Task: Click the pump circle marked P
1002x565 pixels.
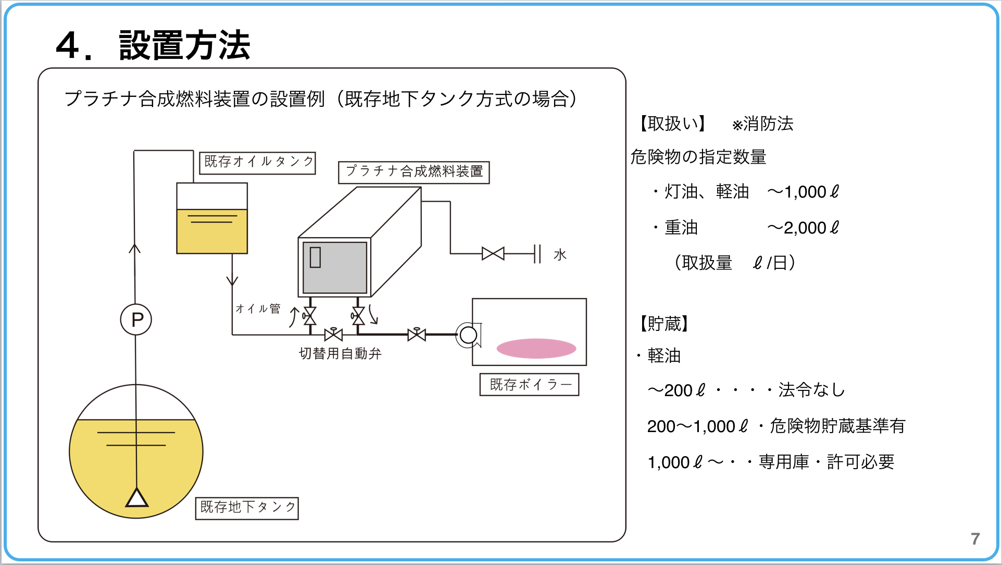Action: [136, 319]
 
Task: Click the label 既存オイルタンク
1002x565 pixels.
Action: [258, 162]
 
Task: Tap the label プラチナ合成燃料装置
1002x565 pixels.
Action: [414, 171]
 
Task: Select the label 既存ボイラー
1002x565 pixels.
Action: [529, 385]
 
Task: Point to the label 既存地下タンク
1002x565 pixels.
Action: [247, 508]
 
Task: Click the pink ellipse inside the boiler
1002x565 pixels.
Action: [536, 348]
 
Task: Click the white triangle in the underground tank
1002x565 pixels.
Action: [137, 499]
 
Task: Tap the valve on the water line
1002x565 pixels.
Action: [493, 254]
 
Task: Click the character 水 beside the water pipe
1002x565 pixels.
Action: [560, 255]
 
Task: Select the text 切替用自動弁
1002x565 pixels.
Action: [340, 354]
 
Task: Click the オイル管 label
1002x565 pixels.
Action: [258, 309]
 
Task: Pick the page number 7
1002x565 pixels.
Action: [975, 538]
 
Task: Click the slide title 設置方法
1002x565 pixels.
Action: [184, 45]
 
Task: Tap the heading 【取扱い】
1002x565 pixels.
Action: [672, 124]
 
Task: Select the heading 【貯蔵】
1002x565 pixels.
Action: [664, 324]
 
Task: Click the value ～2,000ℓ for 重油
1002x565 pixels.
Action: [803, 228]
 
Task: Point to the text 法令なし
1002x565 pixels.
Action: [811, 390]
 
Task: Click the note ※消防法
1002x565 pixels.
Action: [762, 124]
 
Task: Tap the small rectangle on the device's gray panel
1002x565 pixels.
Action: [315, 257]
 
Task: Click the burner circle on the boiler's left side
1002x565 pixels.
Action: [468, 335]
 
